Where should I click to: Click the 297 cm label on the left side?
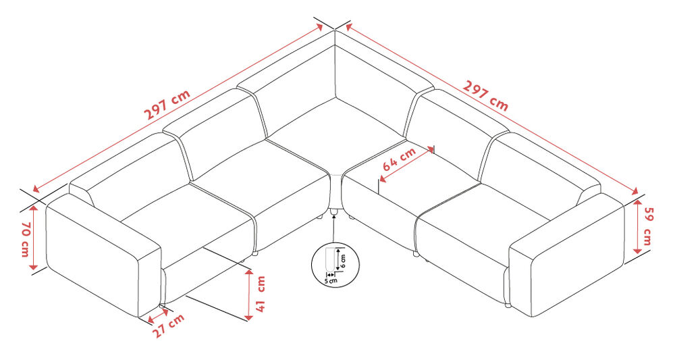(x=167, y=106)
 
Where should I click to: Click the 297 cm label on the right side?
(x=485, y=96)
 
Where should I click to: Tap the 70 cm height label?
(x=25, y=239)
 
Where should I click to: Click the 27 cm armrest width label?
(x=168, y=326)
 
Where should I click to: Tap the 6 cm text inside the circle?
(x=343, y=261)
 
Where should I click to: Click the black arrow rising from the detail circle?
(x=333, y=228)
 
